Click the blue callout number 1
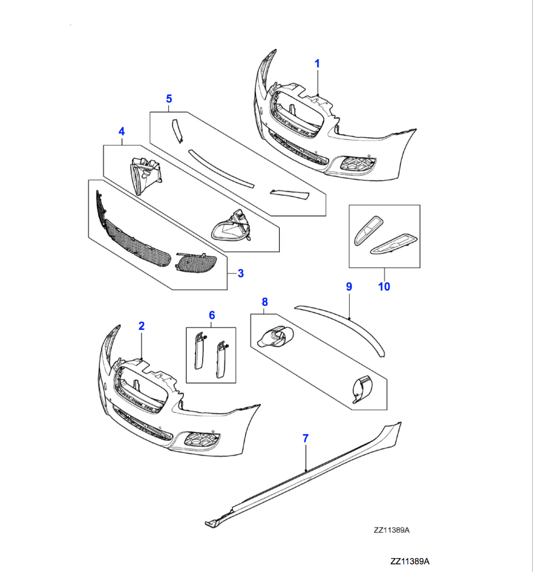point(317,63)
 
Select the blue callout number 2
point(141,326)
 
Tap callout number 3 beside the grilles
point(240,273)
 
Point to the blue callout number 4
point(122,132)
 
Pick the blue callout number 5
point(169,99)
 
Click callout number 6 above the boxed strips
point(212,315)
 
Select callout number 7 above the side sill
point(305,438)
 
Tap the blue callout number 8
point(264,302)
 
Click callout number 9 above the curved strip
point(349,286)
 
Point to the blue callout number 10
point(384,287)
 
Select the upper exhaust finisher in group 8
point(276,337)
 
